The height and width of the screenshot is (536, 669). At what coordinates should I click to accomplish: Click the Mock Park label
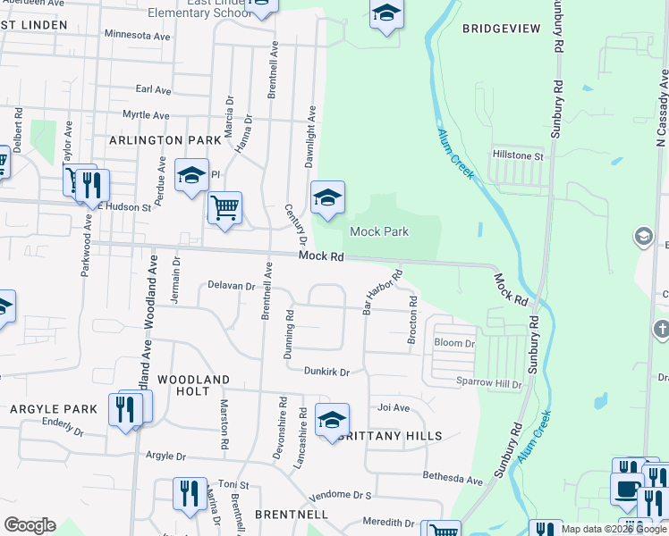click(378, 231)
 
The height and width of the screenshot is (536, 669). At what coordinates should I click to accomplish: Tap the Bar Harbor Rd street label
click(381, 293)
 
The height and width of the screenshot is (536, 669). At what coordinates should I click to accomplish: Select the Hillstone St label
click(518, 155)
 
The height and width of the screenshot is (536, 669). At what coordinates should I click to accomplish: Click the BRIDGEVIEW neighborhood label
click(501, 29)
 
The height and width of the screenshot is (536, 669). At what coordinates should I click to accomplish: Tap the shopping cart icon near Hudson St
click(224, 208)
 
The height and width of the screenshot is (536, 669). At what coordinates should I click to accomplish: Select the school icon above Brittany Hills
click(332, 420)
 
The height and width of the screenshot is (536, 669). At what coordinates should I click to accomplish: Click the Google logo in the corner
click(30, 525)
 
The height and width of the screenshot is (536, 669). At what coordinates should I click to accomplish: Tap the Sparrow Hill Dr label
click(490, 383)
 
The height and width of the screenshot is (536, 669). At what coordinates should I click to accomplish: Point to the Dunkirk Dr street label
click(326, 371)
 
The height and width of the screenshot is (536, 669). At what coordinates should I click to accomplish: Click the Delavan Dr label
click(232, 287)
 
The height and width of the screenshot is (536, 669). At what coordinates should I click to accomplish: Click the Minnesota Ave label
click(137, 36)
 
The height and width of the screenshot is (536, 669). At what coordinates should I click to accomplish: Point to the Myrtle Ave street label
click(146, 115)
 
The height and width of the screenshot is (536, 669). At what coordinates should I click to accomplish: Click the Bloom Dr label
click(454, 343)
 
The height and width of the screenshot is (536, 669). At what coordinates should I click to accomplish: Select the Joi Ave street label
click(394, 407)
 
